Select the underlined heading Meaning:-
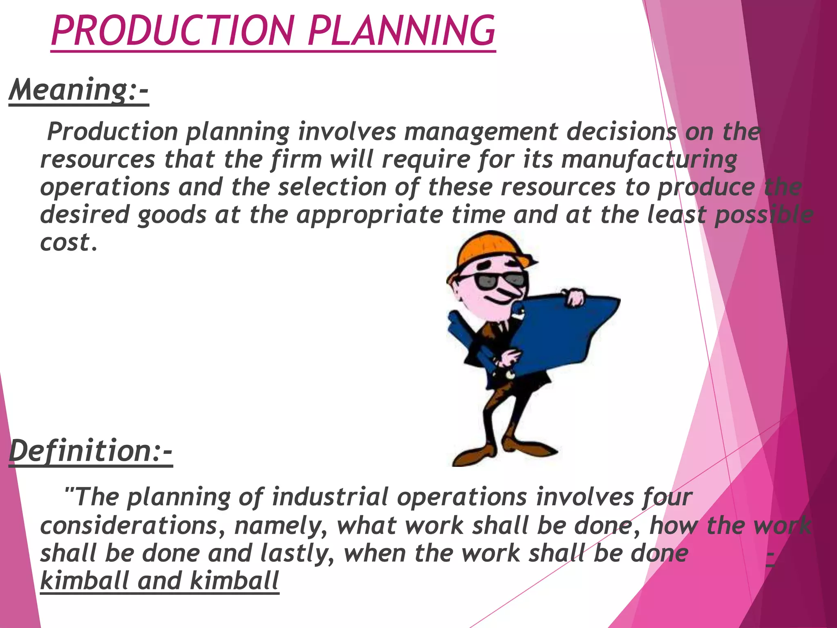point(78,90)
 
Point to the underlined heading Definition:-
point(90,451)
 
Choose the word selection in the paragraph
point(332,187)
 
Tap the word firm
point(296,159)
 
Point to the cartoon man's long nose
point(510,292)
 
